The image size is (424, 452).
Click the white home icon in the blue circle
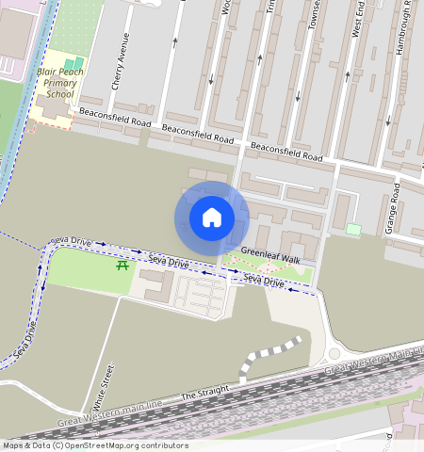pyautogui.click(x=212, y=218)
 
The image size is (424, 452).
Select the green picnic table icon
pyautogui.click(x=122, y=266)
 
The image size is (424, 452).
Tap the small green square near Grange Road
pyautogui.click(x=353, y=229)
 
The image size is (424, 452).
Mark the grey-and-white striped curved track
pyautogui.click(x=269, y=353)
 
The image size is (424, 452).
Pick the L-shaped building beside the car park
pyautogui.click(x=156, y=285)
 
